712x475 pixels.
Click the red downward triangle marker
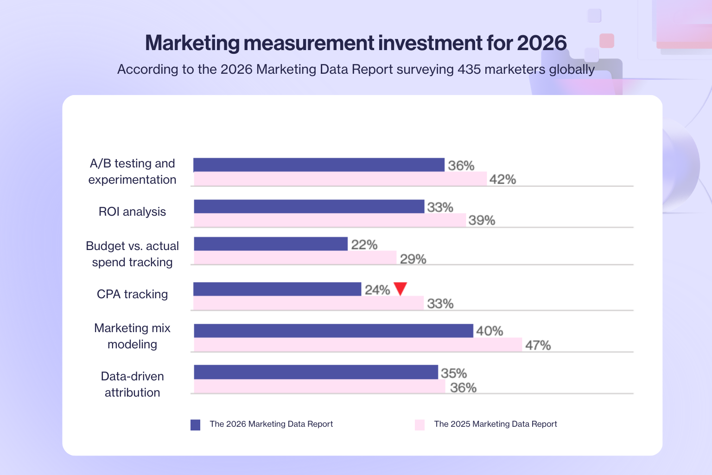click(400, 288)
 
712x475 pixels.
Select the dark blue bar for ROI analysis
click(309, 206)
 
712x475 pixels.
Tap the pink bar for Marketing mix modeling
click(357, 345)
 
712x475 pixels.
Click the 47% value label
click(538, 345)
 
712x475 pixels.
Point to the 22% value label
click(364, 244)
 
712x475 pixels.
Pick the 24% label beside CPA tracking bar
click(377, 290)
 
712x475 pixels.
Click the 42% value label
click(502, 179)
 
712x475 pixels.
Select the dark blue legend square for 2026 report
click(195, 425)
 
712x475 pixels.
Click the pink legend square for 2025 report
click(420, 425)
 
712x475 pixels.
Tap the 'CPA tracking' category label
click(132, 294)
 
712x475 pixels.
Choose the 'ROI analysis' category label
click(132, 212)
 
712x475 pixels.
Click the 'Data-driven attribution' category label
click(132, 384)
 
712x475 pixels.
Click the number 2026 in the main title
click(541, 43)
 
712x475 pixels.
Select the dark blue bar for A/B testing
click(319, 165)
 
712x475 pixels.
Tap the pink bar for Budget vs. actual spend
click(295, 258)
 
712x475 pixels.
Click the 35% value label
click(453, 373)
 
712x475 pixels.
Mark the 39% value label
click(482, 220)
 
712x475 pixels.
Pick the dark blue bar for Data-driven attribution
click(316, 372)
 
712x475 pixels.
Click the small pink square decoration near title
click(606, 41)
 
